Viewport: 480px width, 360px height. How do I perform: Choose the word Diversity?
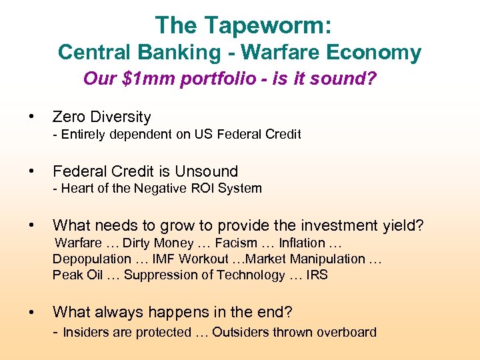[x=121, y=117]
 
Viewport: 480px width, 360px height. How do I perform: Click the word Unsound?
[x=207, y=171]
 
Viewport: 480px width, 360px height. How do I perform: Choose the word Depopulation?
[x=92, y=259]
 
